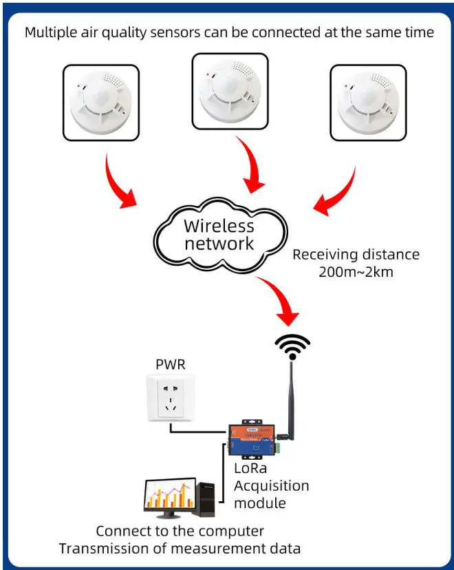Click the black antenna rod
pyautogui.click(x=292, y=399)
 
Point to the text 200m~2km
pyautogui.click(x=355, y=271)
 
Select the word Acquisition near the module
pyautogui.click(x=271, y=486)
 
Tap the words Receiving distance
pyautogui.click(x=355, y=254)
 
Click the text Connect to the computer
pyautogui.click(x=180, y=531)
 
